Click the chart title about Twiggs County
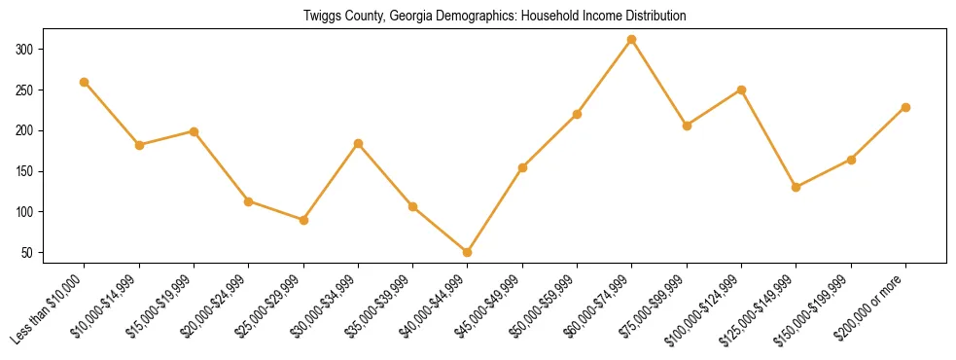tap(478, 16)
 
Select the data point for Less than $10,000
tap(85, 82)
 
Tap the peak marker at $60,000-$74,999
tap(632, 40)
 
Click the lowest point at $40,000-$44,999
tap(468, 252)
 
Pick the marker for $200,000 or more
tap(905, 107)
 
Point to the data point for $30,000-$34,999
tap(359, 143)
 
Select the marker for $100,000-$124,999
tap(741, 90)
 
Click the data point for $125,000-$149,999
tap(797, 187)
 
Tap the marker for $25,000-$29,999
tap(303, 220)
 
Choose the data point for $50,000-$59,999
tap(578, 114)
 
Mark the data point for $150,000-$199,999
tap(851, 160)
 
